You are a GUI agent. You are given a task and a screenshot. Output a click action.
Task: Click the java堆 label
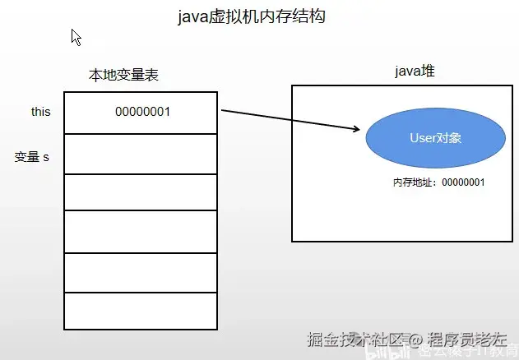click(x=414, y=72)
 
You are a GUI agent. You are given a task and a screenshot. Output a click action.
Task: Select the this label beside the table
click(x=41, y=112)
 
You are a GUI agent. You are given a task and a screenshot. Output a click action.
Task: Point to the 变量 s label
click(x=32, y=156)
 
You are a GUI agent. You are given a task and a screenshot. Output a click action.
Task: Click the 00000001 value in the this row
click(x=142, y=112)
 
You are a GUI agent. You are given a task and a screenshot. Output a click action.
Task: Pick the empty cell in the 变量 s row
click(x=141, y=154)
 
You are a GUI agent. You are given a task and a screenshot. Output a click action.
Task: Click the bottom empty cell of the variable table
click(x=141, y=310)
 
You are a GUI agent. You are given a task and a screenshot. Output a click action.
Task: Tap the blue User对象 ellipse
click(x=435, y=138)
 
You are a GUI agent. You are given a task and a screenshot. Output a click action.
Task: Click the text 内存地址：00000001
click(x=438, y=182)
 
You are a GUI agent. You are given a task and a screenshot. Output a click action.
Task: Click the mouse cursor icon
click(x=76, y=37)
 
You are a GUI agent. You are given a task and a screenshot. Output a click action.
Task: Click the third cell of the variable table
click(x=141, y=192)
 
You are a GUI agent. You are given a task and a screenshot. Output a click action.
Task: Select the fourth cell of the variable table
click(x=141, y=232)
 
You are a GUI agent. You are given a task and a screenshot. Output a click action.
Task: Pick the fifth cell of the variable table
click(x=141, y=272)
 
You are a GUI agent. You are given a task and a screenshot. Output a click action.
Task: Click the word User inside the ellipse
click(x=424, y=138)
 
